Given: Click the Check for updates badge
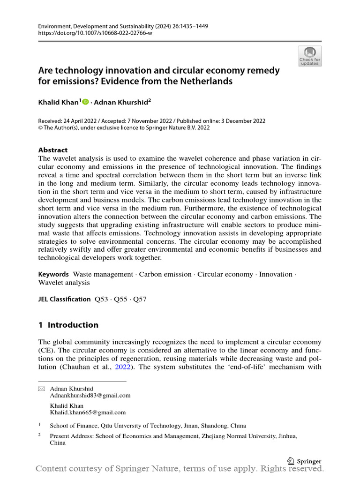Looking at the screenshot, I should [x=310, y=56].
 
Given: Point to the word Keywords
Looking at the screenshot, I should [x=53, y=274].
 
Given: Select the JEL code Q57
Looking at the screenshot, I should [x=140, y=299].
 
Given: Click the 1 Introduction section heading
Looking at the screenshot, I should [x=68, y=325].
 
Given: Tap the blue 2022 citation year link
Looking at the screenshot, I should [x=123, y=367].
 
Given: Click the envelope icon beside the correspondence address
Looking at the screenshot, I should [x=41, y=389].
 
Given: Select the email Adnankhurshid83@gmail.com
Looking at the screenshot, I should [x=90, y=395].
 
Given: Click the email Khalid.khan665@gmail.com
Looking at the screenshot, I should [x=88, y=412].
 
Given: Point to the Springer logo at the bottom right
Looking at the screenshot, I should [x=304, y=461].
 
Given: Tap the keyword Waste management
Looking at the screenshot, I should [x=103, y=274].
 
